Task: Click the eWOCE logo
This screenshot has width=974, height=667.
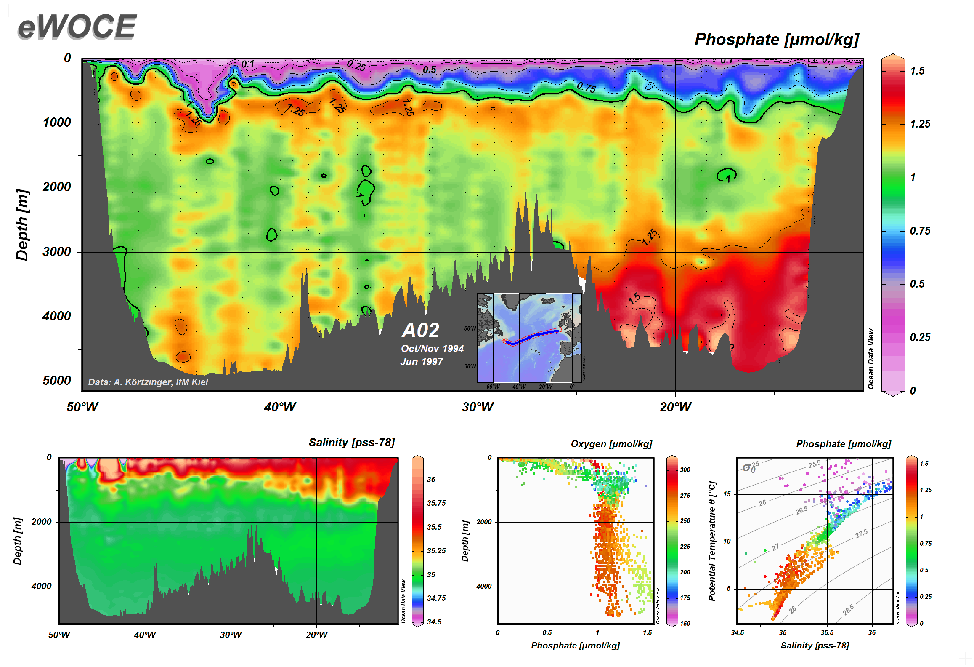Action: point(77,27)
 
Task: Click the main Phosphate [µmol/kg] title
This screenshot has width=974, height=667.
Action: point(776,40)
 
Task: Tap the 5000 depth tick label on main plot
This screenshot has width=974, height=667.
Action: point(57,381)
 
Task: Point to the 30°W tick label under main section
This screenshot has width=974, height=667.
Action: point(478,407)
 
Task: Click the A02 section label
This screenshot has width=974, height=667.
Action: point(420,330)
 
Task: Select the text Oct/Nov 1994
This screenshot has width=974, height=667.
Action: point(432,349)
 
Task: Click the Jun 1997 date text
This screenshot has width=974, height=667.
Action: point(421,362)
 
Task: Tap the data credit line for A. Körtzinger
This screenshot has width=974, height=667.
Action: point(148,382)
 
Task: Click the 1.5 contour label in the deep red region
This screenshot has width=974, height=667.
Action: point(634,299)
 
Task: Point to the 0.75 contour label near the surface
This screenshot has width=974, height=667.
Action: point(586,88)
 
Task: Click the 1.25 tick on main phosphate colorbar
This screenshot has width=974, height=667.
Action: point(920,124)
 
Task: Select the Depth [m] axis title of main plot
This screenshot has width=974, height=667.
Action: point(22,225)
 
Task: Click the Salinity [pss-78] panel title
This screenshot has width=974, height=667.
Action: point(352,443)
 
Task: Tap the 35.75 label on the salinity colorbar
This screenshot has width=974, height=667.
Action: point(436,503)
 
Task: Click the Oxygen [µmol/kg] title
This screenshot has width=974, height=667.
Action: point(611,444)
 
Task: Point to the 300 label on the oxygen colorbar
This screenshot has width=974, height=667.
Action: point(685,470)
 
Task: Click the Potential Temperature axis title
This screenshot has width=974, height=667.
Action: point(711,541)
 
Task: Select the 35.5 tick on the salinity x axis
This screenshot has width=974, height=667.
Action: point(827,632)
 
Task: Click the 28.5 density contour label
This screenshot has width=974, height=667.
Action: point(848,610)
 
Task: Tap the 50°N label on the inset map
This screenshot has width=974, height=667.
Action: point(470,328)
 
